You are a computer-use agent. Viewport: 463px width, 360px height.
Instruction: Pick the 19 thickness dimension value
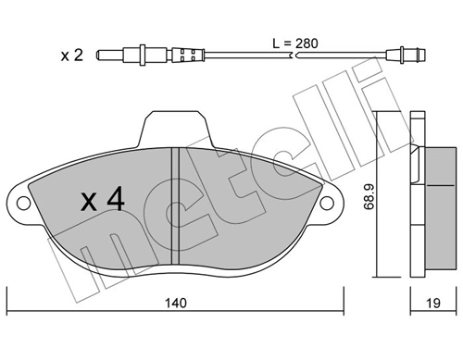point(433,302)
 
